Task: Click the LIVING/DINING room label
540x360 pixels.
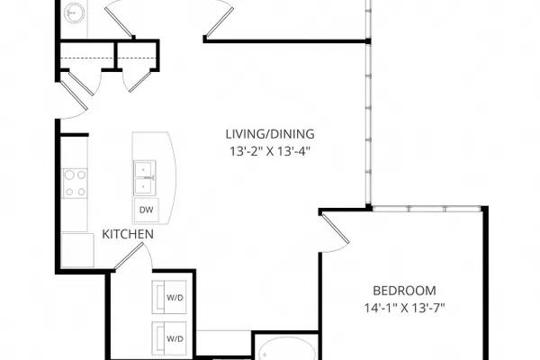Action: [x=270, y=134]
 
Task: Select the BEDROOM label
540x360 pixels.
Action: [x=405, y=291]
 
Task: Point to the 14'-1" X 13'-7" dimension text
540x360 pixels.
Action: [x=405, y=308]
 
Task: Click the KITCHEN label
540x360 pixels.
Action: [x=128, y=234]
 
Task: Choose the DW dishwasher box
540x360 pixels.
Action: [x=147, y=210]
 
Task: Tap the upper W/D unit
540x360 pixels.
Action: [x=169, y=297]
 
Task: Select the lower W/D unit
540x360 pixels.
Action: [x=169, y=338]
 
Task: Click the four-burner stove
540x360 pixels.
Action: [x=75, y=184]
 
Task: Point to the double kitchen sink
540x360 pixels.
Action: [x=145, y=178]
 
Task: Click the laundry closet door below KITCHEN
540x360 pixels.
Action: [x=129, y=256]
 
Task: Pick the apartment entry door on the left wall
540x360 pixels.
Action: [x=74, y=94]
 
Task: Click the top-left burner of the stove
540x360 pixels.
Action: [x=69, y=175]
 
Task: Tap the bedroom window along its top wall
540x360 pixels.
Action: [x=427, y=209]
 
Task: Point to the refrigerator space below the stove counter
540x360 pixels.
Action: [x=77, y=250]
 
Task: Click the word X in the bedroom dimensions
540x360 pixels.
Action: [x=405, y=308]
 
